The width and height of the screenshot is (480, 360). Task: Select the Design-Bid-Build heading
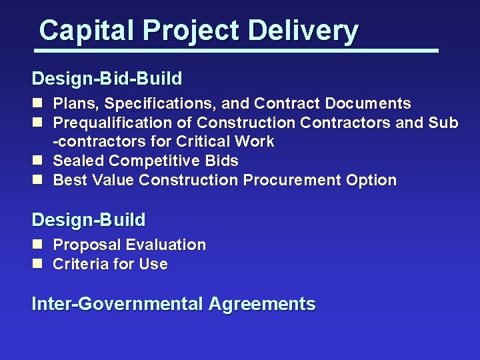pyautogui.click(x=107, y=79)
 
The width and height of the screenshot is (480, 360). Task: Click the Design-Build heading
pyautogui.click(x=89, y=219)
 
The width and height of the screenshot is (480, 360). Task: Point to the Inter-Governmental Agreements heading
pyautogui.click(x=173, y=304)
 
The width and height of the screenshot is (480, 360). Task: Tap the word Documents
pyautogui.click(x=369, y=103)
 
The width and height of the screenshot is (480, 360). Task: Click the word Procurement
pyautogui.click(x=291, y=180)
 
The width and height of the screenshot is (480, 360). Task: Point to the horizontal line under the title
pyautogui.click(x=237, y=50)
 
